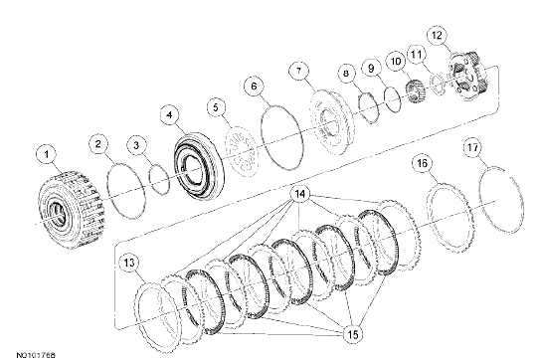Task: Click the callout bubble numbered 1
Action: coord(44,154)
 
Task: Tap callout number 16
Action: coord(423,163)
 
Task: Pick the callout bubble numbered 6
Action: coord(254,88)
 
